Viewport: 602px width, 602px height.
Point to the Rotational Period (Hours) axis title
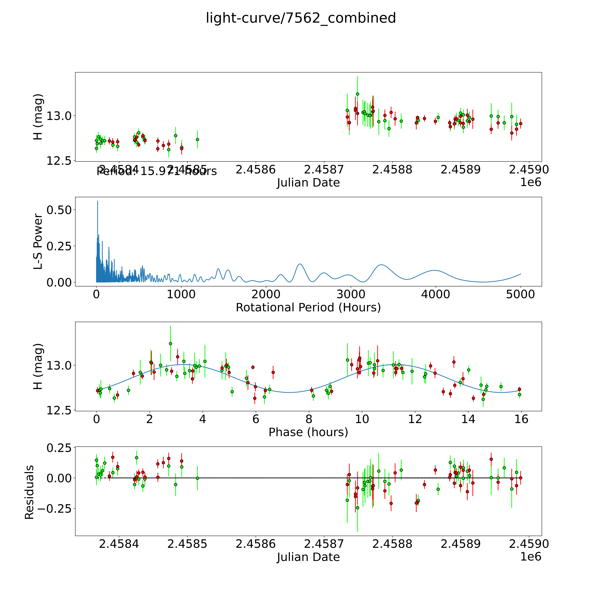click(308, 308)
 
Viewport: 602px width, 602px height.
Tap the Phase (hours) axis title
click(308, 432)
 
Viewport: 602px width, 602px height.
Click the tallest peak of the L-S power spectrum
click(98, 201)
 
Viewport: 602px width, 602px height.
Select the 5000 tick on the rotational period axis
click(520, 294)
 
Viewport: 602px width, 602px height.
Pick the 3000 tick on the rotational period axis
click(351, 294)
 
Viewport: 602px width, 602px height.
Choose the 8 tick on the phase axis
click(309, 419)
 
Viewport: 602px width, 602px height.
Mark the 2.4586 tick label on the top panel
click(256, 170)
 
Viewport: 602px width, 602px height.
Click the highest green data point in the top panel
click(357, 94)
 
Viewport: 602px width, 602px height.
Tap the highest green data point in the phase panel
click(170, 343)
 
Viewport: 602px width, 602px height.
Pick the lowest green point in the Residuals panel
click(357, 508)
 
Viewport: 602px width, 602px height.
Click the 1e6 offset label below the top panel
click(531, 182)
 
